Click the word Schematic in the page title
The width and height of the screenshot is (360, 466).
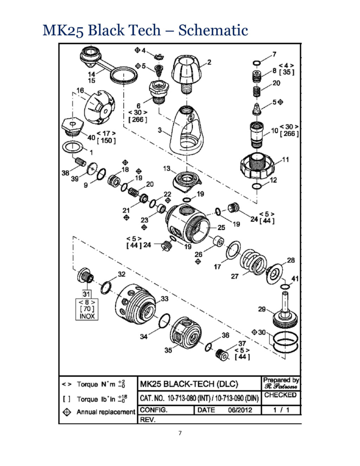coord(213,30)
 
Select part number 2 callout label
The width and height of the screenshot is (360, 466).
coord(209,62)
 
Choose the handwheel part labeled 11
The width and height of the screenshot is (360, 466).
coord(257,165)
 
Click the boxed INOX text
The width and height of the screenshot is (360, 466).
coord(87,316)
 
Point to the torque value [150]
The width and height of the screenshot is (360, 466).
coord(106,141)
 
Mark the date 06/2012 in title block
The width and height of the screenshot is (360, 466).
coord(240,410)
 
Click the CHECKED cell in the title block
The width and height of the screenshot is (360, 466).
coord(281,395)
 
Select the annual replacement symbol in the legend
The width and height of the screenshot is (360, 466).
coord(67,412)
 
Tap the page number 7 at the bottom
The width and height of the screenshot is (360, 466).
coord(180,433)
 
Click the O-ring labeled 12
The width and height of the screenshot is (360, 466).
coord(257,186)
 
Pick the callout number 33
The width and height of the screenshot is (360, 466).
coord(165,299)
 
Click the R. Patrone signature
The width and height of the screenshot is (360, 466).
coord(281,387)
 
